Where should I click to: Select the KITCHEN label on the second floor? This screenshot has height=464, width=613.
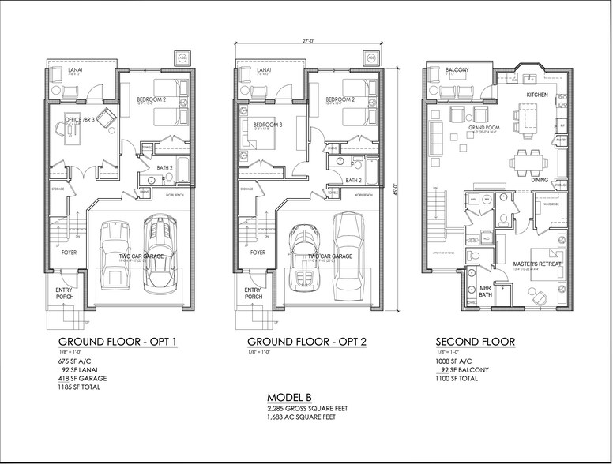[537, 95]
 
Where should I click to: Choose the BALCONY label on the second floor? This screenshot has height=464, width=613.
[457, 70]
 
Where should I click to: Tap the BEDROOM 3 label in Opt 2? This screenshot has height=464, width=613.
[267, 125]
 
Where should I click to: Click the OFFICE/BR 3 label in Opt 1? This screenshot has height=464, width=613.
[80, 119]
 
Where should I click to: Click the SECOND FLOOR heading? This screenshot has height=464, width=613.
[476, 342]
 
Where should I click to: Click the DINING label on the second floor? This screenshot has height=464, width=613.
[540, 180]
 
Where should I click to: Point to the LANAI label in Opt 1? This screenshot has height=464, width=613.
[76, 70]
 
